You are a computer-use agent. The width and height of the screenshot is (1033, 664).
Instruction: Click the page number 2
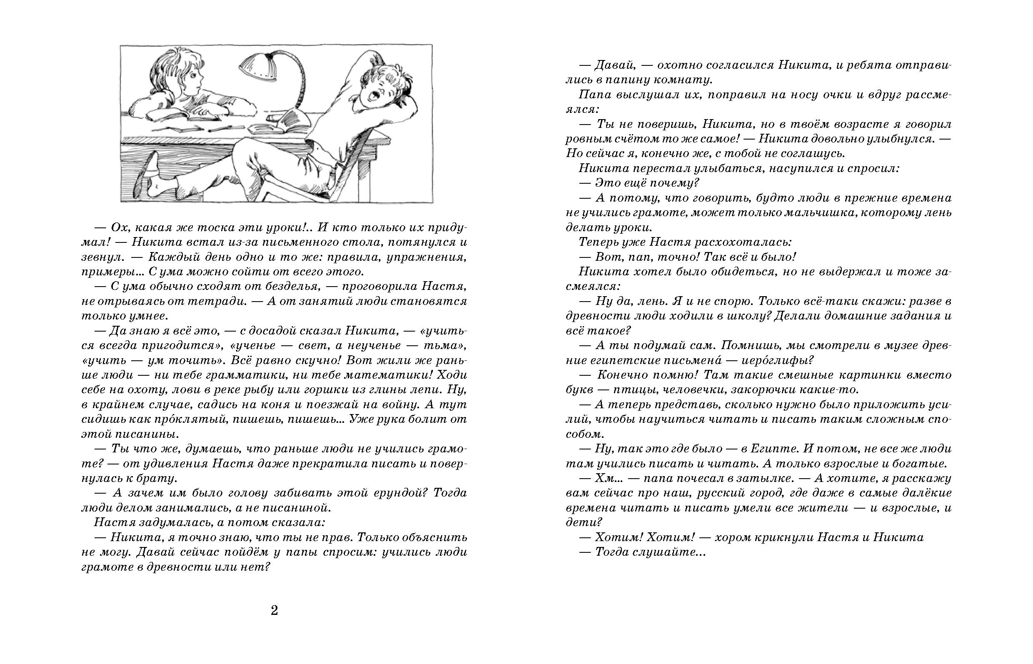(x=274, y=611)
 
